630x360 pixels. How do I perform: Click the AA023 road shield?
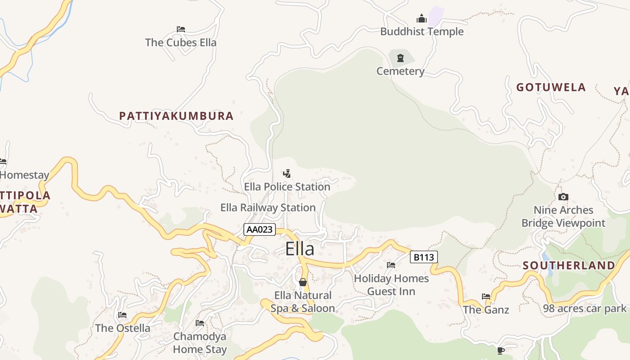point(260,229)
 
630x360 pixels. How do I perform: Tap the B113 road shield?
point(424,257)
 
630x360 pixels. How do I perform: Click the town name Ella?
point(300,249)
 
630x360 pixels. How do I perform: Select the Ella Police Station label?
point(287,186)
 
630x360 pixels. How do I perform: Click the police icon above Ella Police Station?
point(287,173)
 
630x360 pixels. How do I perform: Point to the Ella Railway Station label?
point(268,207)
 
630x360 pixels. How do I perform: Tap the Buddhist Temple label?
point(422,31)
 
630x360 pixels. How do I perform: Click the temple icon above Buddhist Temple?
point(422,18)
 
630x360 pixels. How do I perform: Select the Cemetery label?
point(400,71)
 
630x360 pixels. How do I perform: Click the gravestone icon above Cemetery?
point(400,58)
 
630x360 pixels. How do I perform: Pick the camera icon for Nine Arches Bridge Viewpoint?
point(563,197)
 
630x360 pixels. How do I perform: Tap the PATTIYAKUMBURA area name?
point(176,116)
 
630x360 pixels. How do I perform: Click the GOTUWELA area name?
point(551,87)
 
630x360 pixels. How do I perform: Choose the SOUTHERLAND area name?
point(569,265)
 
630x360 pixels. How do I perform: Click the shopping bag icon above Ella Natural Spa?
point(303,282)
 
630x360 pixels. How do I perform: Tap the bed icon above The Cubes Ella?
point(181,29)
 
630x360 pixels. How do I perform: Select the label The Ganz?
point(486,310)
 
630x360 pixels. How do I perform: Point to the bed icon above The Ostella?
point(122,315)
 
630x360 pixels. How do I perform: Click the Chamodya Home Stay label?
point(200,342)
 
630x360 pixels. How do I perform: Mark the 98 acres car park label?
point(585,308)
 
